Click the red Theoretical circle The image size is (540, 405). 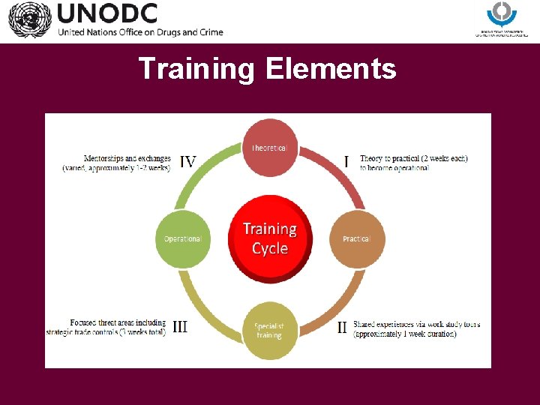pyautogui.click(x=269, y=148)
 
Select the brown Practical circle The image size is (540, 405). pyautogui.click(x=356, y=238)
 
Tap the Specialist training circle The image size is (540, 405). pyautogui.click(x=269, y=330)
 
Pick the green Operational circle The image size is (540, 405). pyautogui.click(x=182, y=238)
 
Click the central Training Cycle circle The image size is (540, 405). pyautogui.click(x=269, y=238)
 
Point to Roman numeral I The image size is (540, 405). pyautogui.click(x=346, y=161)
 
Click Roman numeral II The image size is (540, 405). pyautogui.click(x=342, y=327)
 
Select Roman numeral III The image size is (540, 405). pyautogui.click(x=180, y=327)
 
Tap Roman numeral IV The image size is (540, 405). pyautogui.click(x=188, y=161)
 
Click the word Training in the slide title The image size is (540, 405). pyautogui.click(x=196, y=69)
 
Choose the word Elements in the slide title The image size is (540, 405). pyautogui.click(x=330, y=69)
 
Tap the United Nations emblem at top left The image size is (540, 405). pyautogui.click(x=29, y=19)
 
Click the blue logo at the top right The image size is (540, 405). pyautogui.click(x=502, y=13)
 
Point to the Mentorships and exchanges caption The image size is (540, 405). pyautogui.click(x=117, y=163)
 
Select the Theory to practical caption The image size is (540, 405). pyautogui.click(x=413, y=163)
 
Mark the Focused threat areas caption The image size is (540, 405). pyautogui.click(x=106, y=328)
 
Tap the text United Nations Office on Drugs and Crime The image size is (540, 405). pyautogui.click(x=139, y=32)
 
